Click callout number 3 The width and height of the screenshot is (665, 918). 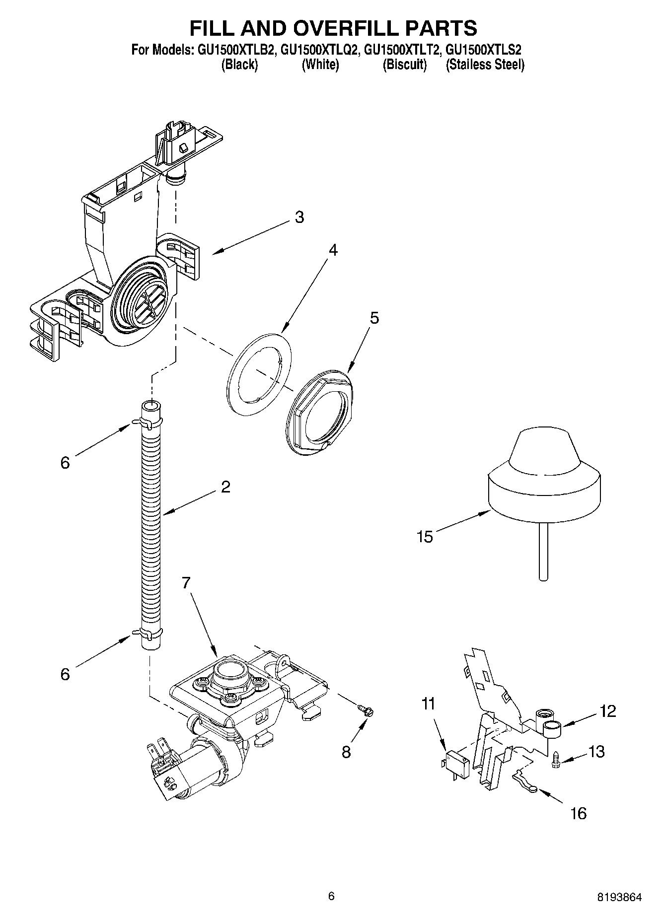click(299, 217)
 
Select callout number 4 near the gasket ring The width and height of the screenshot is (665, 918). click(333, 250)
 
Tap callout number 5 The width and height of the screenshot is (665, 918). click(374, 318)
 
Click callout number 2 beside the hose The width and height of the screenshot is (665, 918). click(225, 487)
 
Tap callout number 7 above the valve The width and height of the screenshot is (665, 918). click(186, 583)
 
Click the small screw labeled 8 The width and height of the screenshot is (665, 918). click(368, 711)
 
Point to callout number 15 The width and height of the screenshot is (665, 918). click(425, 537)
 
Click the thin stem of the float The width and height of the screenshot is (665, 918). click(543, 551)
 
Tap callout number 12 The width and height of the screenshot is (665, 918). click(607, 711)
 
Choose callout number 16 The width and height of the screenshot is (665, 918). click(578, 813)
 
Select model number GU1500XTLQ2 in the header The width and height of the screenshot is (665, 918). click(320, 50)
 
